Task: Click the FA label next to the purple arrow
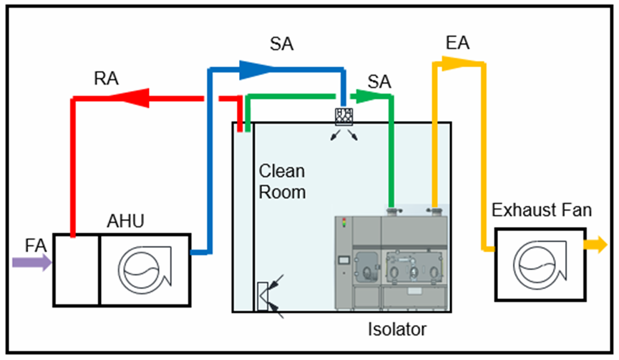coord(35,245)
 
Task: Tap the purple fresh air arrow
coord(32,263)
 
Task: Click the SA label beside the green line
coord(379,82)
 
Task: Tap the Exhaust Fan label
coord(542,210)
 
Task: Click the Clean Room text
coord(282,182)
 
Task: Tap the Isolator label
coord(397,330)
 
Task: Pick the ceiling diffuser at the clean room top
coord(345,117)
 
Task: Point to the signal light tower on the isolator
coord(344,223)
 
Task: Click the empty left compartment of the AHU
coord(77,268)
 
